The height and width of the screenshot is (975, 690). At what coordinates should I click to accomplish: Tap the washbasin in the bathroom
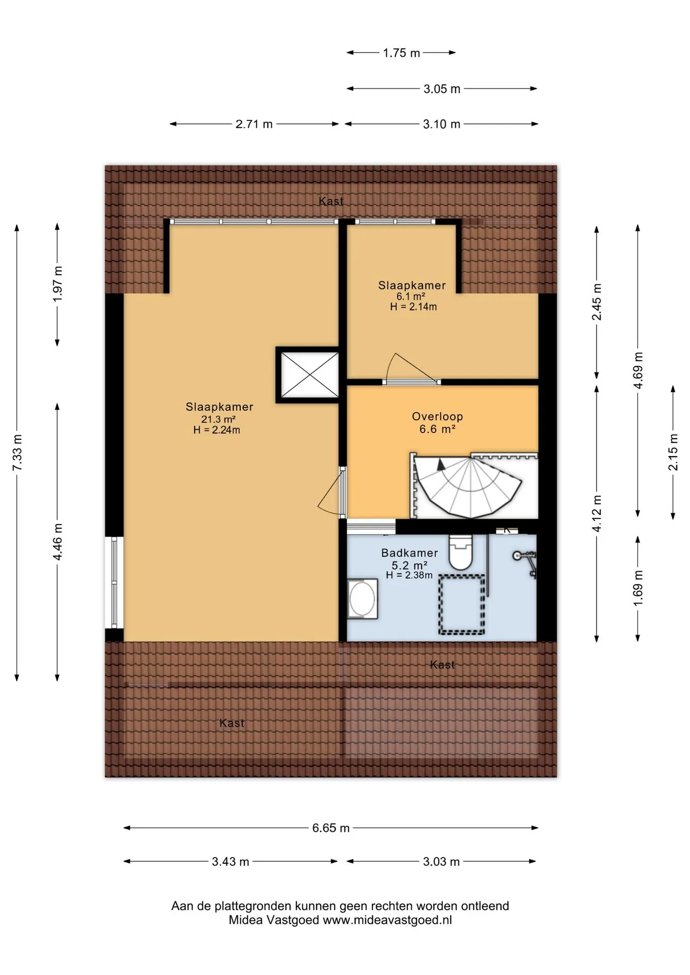point(362,599)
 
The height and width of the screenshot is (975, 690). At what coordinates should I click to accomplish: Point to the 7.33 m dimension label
point(17,452)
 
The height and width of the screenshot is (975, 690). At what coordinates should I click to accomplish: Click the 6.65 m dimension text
point(331,828)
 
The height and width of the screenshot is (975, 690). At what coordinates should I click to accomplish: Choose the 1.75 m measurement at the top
point(401,53)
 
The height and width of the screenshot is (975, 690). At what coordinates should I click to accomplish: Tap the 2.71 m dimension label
point(254,124)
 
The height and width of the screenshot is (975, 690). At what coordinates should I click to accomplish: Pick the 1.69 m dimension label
point(638,588)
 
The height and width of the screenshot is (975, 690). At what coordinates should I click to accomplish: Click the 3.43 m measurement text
point(231,861)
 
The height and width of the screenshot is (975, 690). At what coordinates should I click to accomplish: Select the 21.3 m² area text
point(218,419)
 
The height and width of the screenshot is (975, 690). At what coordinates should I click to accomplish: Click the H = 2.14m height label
point(413,307)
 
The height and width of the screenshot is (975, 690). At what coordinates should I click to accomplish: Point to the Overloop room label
point(437,416)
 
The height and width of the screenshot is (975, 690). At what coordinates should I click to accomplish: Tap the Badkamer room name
point(410,553)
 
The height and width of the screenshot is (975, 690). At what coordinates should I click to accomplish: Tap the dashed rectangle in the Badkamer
point(461,604)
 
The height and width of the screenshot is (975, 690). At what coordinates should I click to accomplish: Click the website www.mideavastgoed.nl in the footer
point(387,920)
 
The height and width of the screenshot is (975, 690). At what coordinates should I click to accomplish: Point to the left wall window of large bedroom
point(114,582)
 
